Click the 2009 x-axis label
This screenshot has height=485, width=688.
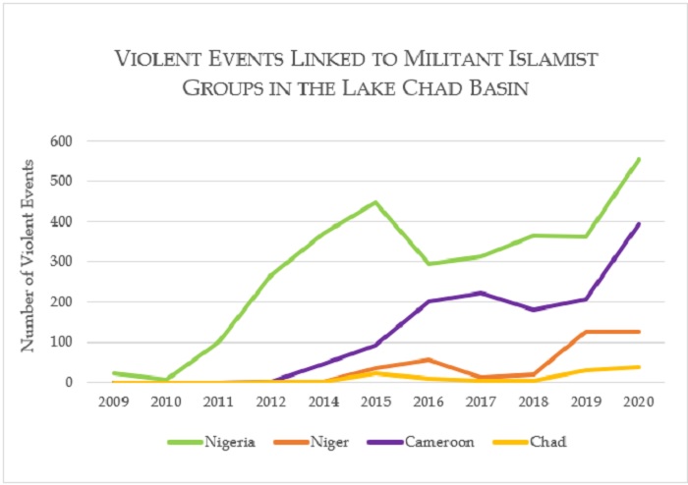(x=112, y=401)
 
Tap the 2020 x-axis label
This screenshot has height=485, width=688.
(x=639, y=401)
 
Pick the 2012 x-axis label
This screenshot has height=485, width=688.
(x=270, y=401)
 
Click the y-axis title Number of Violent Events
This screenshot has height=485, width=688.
(x=31, y=255)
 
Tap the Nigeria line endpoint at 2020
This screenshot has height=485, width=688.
(x=639, y=159)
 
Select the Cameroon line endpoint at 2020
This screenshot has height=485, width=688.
(x=639, y=224)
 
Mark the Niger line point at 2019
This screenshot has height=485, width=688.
(x=587, y=332)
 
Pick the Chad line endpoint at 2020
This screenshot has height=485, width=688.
(x=639, y=367)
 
